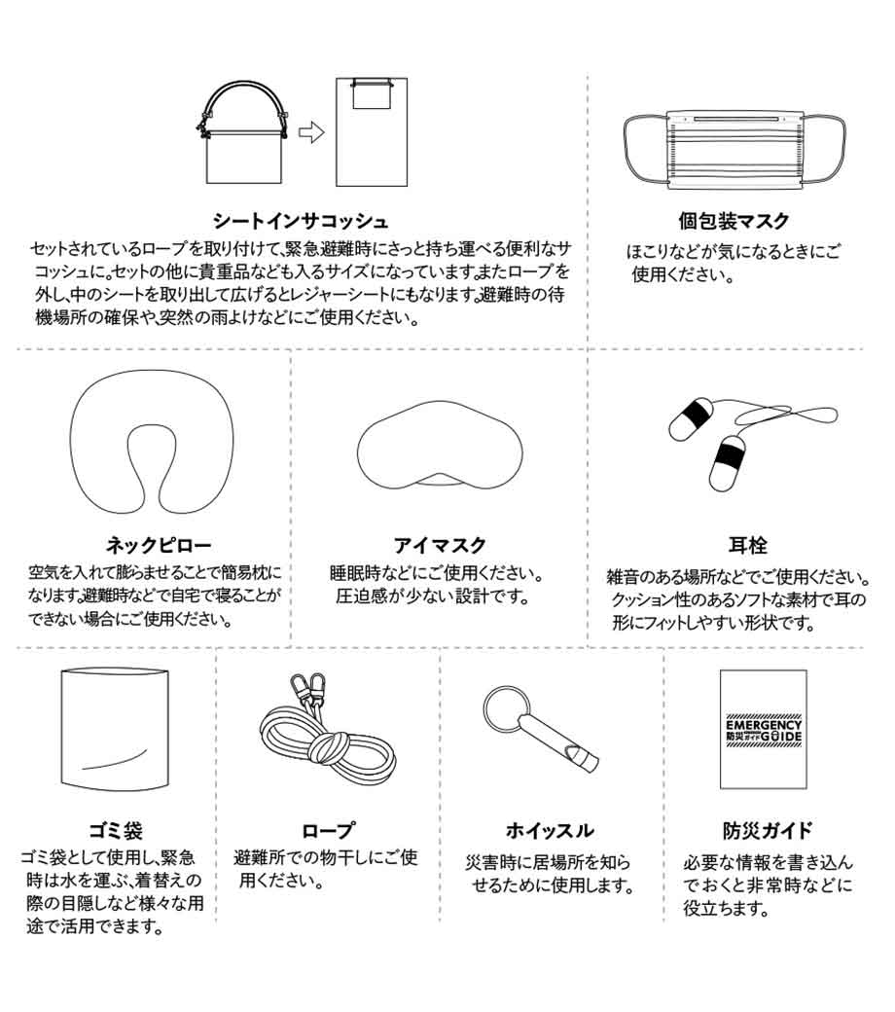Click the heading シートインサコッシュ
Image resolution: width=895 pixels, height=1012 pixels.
pos(300,222)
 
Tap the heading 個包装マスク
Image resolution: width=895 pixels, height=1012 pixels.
pos(734,222)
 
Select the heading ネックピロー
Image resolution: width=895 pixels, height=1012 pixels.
pos(159,545)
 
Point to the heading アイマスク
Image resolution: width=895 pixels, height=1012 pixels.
pos(440,545)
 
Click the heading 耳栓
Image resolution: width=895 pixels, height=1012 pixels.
pos(748,545)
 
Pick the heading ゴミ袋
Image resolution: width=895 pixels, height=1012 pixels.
pos(116,831)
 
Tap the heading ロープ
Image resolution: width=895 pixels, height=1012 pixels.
pos(328,831)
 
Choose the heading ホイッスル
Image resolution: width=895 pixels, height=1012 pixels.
pos(549,831)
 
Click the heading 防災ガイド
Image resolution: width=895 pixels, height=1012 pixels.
pos(767,831)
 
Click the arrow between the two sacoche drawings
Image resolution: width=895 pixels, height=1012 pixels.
pos(311,133)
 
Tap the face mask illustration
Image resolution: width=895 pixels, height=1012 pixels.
pos(734,150)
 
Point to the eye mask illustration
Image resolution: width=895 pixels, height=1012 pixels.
pos(440,446)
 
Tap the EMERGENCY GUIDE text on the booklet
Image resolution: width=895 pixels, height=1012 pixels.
pos(764,731)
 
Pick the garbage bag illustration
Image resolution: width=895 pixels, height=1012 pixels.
pos(115,729)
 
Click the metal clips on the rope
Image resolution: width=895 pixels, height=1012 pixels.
pos(307,691)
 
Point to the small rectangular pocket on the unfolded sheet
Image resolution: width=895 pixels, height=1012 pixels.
pos(371,95)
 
